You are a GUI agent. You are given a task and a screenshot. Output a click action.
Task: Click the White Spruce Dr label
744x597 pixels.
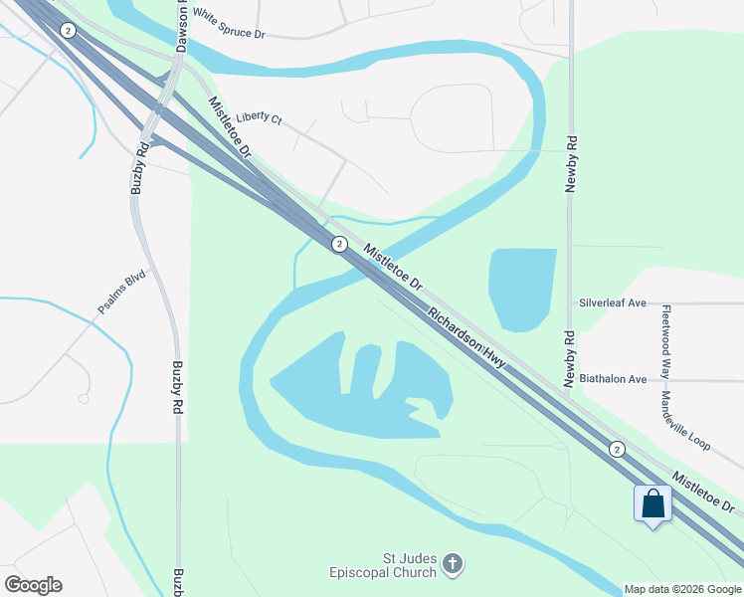click(229, 25)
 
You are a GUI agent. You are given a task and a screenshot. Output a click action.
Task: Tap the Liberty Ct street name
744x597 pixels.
click(259, 117)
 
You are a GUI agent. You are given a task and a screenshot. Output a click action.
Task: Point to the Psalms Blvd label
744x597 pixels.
click(121, 293)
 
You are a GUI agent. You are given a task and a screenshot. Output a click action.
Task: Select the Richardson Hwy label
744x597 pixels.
click(466, 339)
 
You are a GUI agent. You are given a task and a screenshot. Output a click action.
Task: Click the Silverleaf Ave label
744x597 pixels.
click(613, 302)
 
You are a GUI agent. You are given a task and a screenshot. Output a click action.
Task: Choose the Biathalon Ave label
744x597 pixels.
click(613, 379)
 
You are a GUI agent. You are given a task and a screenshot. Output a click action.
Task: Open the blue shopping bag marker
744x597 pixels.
click(652, 503)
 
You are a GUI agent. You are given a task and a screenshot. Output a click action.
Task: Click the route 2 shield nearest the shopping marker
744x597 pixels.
click(617, 449)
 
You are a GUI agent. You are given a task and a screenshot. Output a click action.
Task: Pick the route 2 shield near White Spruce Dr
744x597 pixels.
click(68, 31)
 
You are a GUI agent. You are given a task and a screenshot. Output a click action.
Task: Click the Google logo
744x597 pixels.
click(33, 584)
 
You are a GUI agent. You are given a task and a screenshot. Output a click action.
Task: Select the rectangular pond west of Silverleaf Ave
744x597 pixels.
click(521, 289)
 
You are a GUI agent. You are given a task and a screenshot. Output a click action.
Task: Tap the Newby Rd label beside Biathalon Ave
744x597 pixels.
click(570, 358)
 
